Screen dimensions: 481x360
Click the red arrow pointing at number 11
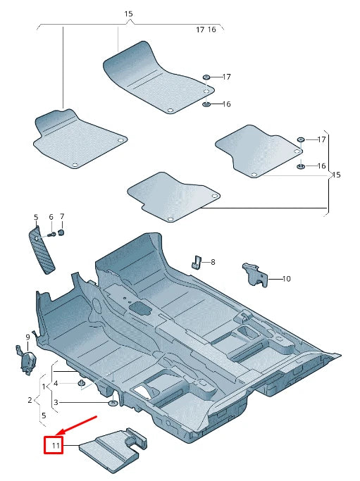coord(77,425)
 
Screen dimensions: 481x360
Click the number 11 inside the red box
coord(54,445)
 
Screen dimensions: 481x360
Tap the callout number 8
coord(213,262)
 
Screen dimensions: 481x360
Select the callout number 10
coord(286,279)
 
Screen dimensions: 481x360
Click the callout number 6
coord(51,217)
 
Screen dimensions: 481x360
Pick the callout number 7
coord(62,216)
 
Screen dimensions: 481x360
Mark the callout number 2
coord(30,400)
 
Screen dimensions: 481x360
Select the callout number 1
coord(44,387)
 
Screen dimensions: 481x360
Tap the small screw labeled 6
coord(53,233)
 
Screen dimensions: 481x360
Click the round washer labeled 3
coord(113,404)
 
